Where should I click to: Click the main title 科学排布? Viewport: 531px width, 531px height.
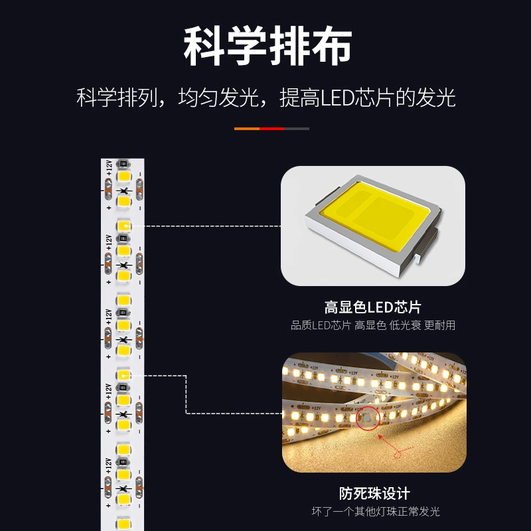267,46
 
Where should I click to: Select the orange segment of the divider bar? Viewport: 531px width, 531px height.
247,129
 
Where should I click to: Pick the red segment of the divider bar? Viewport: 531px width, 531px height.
272,129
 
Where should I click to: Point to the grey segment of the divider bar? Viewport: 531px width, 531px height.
297,129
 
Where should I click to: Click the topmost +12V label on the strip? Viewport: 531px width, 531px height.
109,168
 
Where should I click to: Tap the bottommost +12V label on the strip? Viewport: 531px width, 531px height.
108,467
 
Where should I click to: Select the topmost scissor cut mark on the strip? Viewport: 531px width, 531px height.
124,191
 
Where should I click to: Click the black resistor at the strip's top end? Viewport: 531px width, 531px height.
123,164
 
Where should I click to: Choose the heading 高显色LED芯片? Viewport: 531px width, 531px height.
373,307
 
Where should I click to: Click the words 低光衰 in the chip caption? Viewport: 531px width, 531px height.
405,325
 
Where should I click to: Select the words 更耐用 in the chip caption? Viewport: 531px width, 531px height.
439,325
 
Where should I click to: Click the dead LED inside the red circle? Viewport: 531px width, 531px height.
367,418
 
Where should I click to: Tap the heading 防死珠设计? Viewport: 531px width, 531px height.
374,493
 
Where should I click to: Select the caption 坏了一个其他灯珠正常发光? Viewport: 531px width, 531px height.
376,511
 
